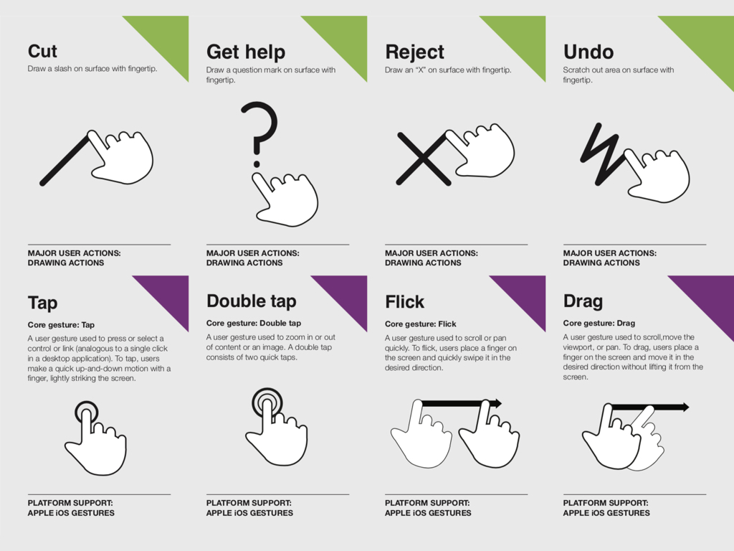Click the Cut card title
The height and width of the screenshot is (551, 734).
click(x=42, y=51)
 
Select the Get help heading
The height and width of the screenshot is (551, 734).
click(x=246, y=52)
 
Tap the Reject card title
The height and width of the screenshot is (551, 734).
click(x=414, y=52)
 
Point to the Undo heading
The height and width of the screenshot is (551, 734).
click(x=588, y=52)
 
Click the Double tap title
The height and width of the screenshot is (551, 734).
click(x=252, y=301)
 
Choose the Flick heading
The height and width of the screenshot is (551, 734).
click(x=404, y=302)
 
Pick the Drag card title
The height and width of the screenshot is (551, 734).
click(x=583, y=301)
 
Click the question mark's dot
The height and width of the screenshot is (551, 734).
click(x=257, y=164)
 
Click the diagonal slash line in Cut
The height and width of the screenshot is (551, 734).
click(x=65, y=160)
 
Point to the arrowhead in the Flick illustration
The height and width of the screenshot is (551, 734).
click(x=496, y=403)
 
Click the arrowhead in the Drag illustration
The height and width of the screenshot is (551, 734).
click(x=683, y=408)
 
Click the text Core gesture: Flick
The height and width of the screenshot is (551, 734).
click(x=420, y=324)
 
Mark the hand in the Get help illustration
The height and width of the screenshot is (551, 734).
click(x=285, y=200)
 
